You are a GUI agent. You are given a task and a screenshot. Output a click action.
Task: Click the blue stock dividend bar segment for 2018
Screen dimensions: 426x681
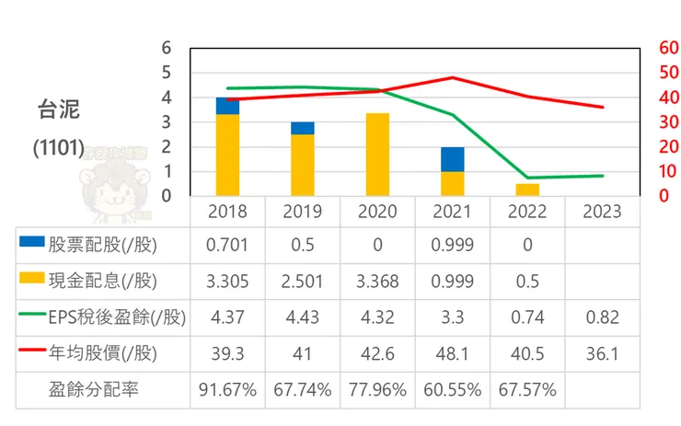(227, 105)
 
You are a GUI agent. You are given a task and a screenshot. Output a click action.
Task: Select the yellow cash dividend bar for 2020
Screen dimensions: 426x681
(377, 154)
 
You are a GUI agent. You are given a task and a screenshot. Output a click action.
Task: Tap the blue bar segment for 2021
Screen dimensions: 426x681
(452, 159)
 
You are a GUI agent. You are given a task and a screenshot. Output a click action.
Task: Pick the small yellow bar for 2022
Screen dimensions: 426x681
(527, 190)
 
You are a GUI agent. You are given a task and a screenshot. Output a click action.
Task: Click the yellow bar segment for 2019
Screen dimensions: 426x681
(302, 165)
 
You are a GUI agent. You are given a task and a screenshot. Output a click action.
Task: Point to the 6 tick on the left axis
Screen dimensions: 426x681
(166, 48)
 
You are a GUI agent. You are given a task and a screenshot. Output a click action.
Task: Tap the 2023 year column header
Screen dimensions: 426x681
(602, 212)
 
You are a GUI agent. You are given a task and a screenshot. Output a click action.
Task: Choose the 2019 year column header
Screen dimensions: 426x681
(302, 212)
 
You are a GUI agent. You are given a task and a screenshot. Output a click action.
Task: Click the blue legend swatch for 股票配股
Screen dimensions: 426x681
(31, 242)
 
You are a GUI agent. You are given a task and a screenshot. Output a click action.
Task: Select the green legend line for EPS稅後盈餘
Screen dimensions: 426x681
(31, 317)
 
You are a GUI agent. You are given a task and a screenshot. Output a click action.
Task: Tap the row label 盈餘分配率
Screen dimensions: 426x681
(93, 389)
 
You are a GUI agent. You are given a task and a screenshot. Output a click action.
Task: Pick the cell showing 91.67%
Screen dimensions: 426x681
(227, 389)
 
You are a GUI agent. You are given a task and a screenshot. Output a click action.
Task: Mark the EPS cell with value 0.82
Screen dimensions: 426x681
(602, 317)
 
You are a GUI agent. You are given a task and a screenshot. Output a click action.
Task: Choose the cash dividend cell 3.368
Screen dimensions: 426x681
(377, 280)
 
